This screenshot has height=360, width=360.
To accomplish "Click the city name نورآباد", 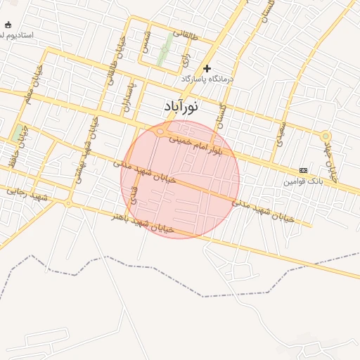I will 180,107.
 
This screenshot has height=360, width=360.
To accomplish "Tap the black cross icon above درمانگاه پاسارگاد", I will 207,68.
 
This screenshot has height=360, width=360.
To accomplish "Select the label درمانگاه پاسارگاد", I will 207,79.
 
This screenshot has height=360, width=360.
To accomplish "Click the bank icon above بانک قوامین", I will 303,170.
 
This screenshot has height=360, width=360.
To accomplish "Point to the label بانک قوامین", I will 303,181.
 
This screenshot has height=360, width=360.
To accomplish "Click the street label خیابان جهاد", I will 331,164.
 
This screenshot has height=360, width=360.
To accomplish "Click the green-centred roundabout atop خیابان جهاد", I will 325,136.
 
